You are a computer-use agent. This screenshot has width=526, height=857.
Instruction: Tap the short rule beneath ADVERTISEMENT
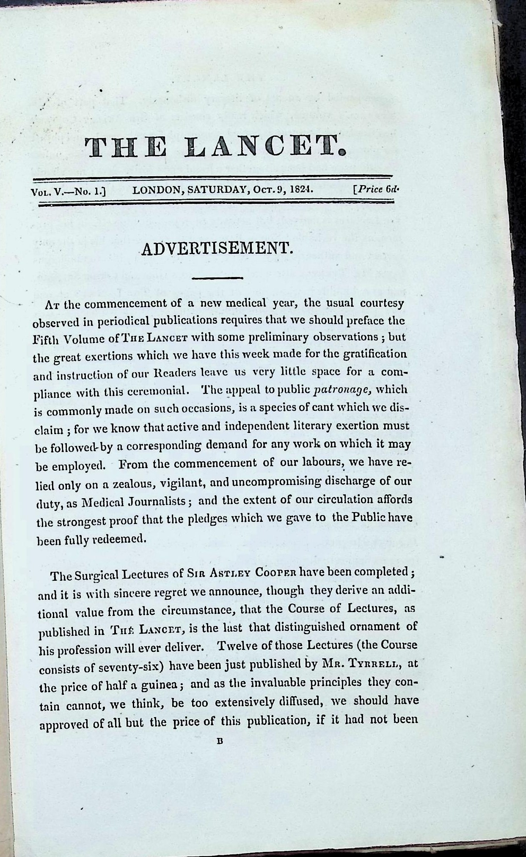tap(217, 278)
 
